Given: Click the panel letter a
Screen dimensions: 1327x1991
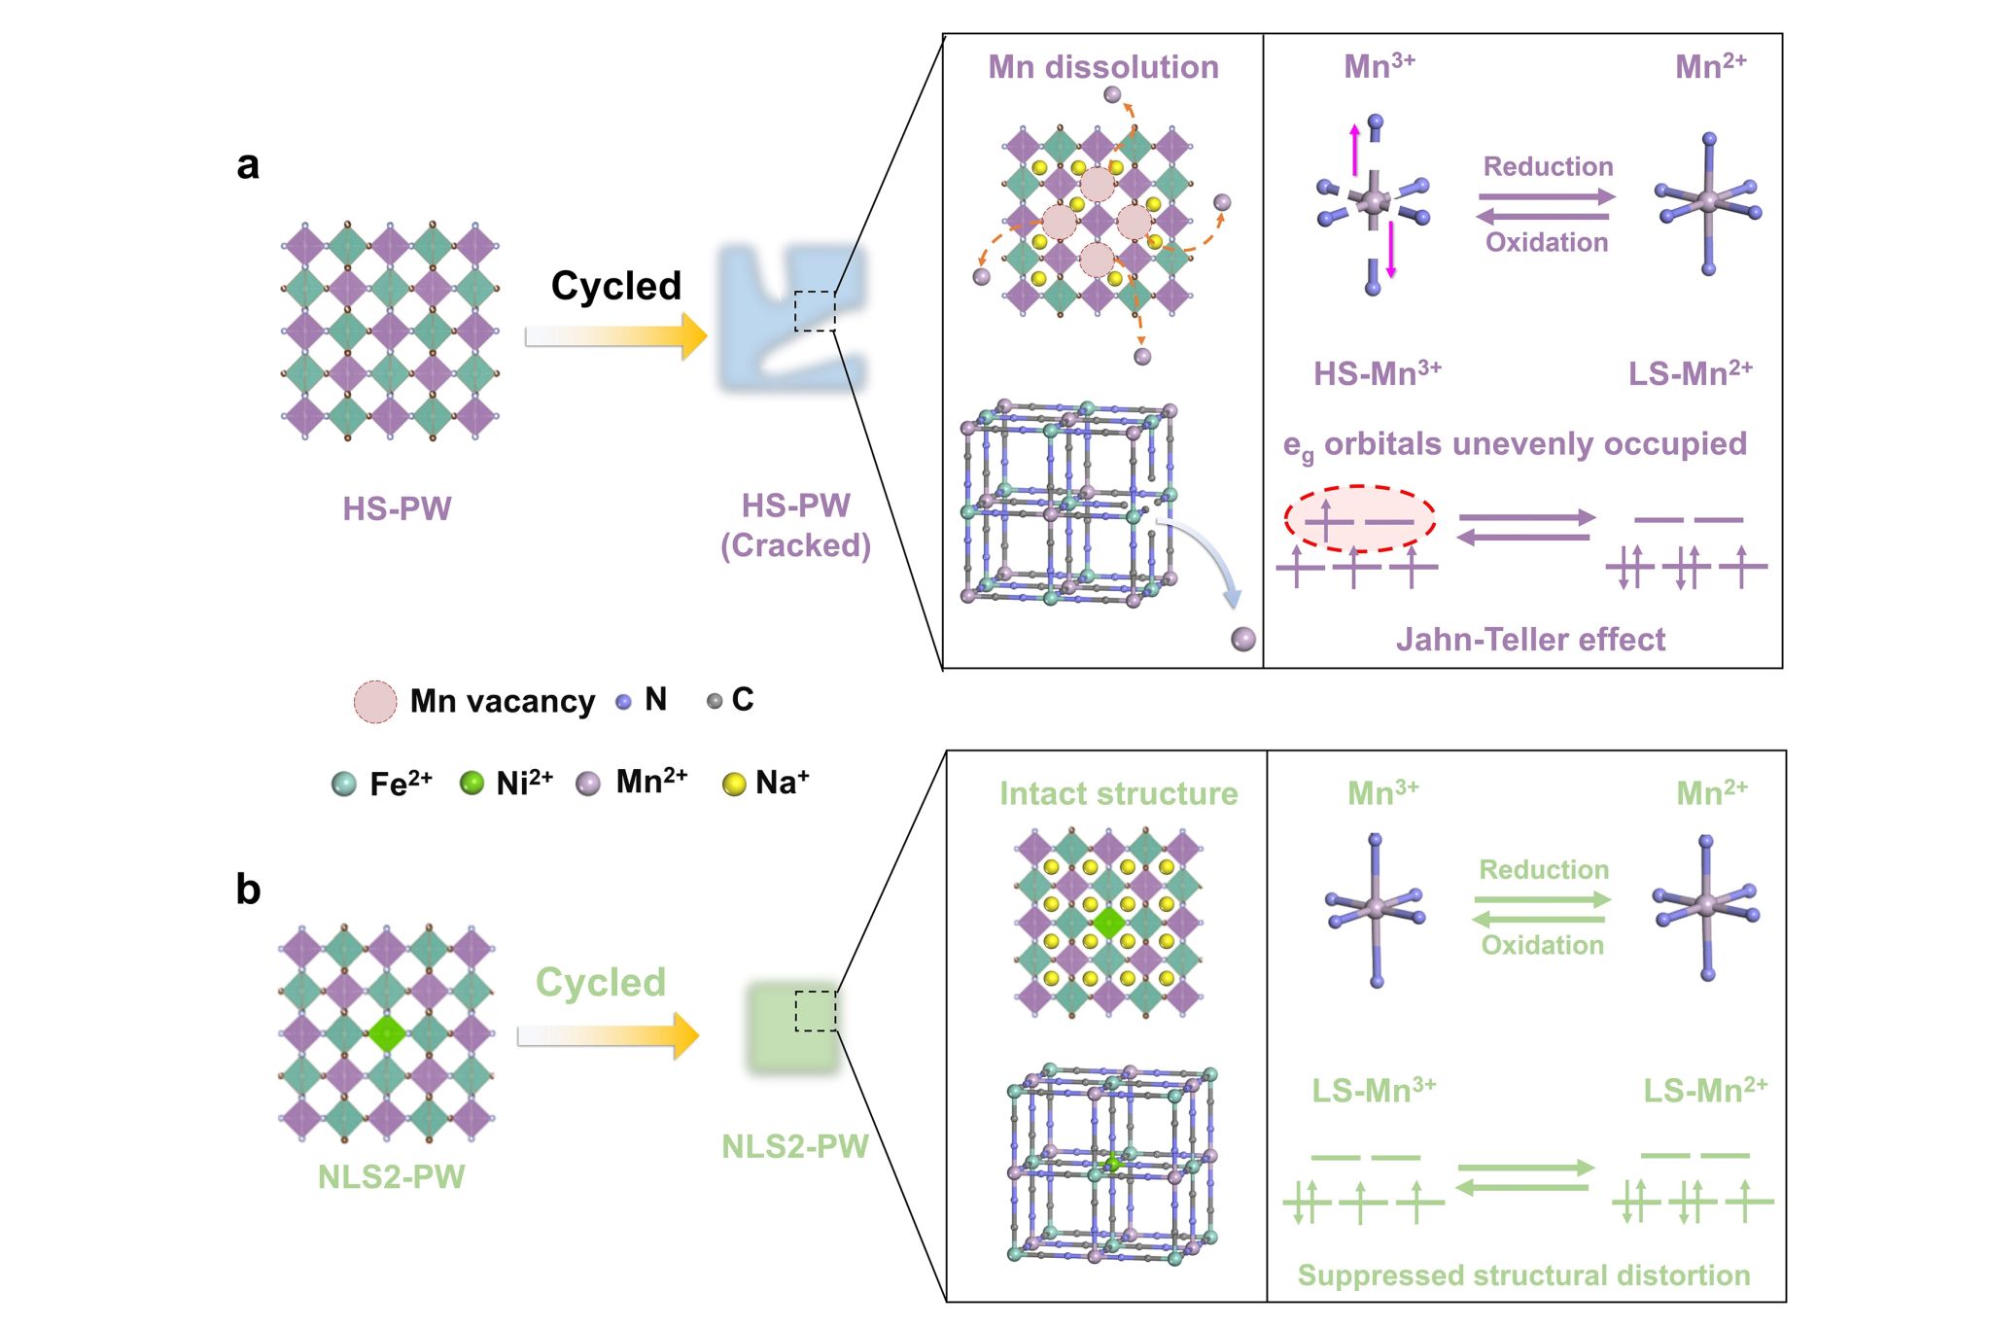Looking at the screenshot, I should tap(248, 165).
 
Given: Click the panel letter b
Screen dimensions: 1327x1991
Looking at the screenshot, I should tap(248, 890).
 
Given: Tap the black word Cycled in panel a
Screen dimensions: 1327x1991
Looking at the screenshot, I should tap(615, 286).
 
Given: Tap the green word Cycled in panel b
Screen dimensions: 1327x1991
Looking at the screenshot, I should tap(601, 982).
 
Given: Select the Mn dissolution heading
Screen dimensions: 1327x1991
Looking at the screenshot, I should tap(1103, 67).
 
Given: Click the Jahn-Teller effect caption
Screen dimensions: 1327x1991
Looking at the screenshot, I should tap(1530, 640).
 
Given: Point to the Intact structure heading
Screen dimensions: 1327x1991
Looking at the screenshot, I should tap(1118, 793).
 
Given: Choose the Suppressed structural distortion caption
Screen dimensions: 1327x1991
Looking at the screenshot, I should tap(1523, 1275).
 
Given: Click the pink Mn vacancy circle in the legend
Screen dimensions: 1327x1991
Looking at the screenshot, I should tap(375, 701).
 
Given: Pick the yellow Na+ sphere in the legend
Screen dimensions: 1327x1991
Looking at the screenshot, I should tap(734, 784).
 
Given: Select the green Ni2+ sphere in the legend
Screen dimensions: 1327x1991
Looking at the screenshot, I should tap(472, 784).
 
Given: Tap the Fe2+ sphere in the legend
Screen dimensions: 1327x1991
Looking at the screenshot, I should tap(343, 784).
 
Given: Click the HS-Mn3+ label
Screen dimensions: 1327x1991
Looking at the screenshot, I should tap(1377, 373).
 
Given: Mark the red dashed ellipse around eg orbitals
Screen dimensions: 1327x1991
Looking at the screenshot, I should tap(1359, 519).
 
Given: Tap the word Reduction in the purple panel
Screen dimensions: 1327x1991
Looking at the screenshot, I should tap(1548, 167).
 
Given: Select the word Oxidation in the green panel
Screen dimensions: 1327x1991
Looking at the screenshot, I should tap(1542, 945).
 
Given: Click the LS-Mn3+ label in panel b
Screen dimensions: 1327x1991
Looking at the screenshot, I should tap(1373, 1091).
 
